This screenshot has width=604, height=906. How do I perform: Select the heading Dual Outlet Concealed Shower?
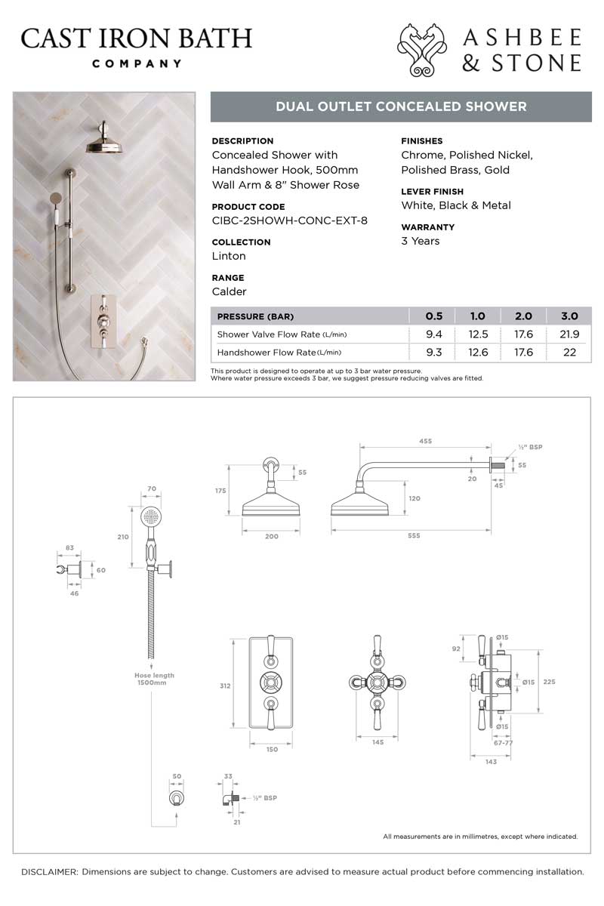pyautogui.click(x=401, y=106)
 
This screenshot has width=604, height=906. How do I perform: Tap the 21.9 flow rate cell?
pyautogui.click(x=569, y=334)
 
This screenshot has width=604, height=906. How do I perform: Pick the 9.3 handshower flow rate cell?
pyautogui.click(x=433, y=353)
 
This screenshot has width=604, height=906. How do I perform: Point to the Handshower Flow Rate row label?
pyautogui.click(x=279, y=353)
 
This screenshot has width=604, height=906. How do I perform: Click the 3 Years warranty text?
pyautogui.click(x=420, y=241)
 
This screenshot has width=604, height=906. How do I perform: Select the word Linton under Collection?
pyautogui.click(x=229, y=256)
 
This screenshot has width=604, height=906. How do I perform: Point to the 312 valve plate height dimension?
pyautogui.click(x=226, y=686)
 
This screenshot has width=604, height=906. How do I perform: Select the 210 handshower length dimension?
pyautogui.click(x=123, y=537)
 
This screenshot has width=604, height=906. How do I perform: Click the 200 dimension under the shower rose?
pyautogui.click(x=272, y=536)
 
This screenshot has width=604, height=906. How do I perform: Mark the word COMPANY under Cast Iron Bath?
pyautogui.click(x=137, y=63)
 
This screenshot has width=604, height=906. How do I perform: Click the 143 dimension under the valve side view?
pyautogui.click(x=492, y=761)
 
